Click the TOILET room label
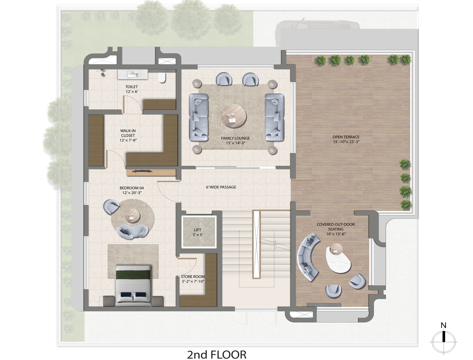pyautogui.click(x=132, y=87)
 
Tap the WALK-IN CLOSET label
pyautogui.click(x=128, y=133)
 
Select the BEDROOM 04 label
pyautogui.click(x=132, y=188)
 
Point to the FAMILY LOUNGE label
pyautogui.click(x=235, y=138)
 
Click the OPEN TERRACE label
pyautogui.click(x=346, y=137)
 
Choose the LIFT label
pyautogui.click(x=198, y=230)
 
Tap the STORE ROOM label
pyautogui.click(x=193, y=277)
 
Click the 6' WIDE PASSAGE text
pyautogui.click(x=221, y=187)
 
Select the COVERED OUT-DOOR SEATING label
pyautogui.click(x=336, y=227)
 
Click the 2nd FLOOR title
pyautogui.click(x=217, y=349)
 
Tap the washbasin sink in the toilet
pyautogui.click(x=133, y=74)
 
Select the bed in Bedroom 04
pyautogui.click(x=133, y=286)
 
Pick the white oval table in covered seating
pyautogui.click(x=338, y=261)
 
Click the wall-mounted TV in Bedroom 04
pyautogui.click(x=143, y=171)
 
